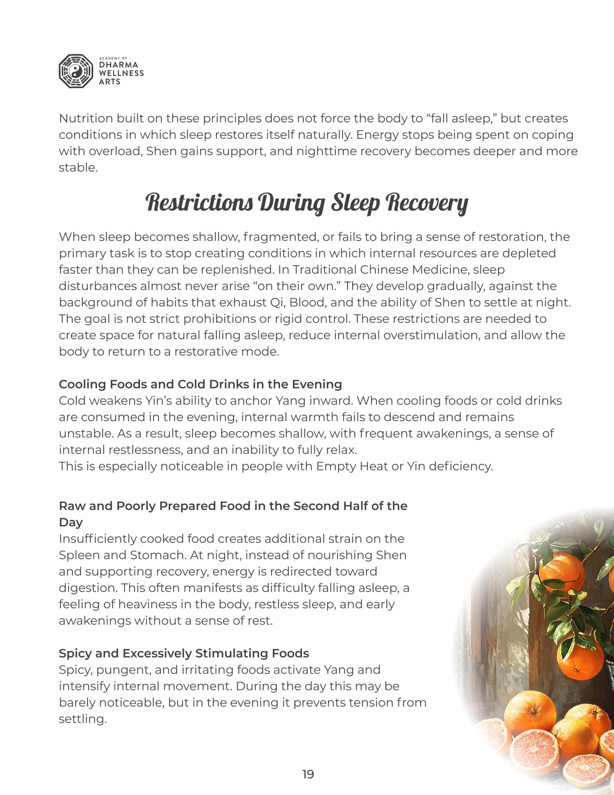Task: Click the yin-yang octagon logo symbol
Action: [x=76, y=71]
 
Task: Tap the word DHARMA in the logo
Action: [x=119, y=65]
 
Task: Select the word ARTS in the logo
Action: [x=110, y=82]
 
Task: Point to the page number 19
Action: [x=308, y=774]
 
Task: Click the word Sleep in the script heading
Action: [x=355, y=203]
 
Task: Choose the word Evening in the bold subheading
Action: [x=317, y=384]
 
